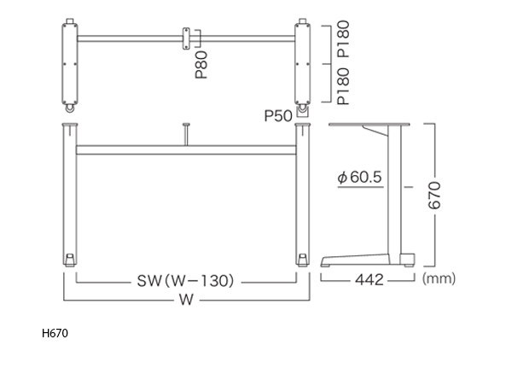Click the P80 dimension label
201,65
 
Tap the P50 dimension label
278,115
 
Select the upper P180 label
344,39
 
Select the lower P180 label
344,86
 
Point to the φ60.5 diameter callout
359,178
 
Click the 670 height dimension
434,196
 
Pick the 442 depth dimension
369,280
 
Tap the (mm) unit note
439,278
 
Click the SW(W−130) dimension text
185,281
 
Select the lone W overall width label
186,300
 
